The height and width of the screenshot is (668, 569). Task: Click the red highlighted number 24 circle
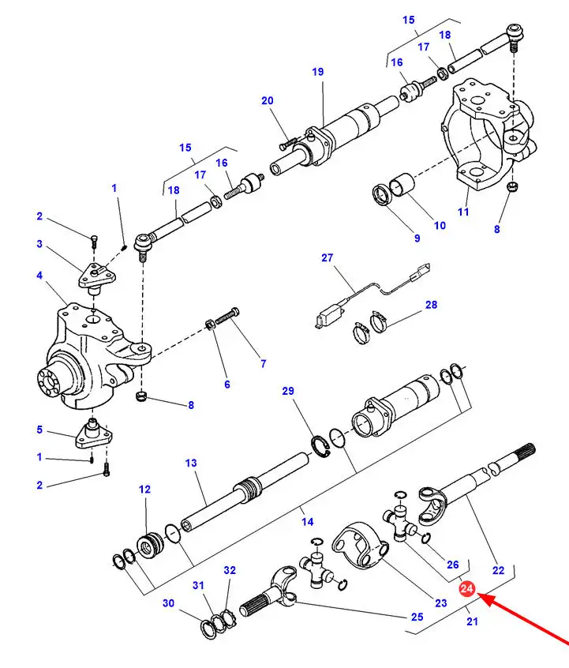pyautogui.click(x=466, y=589)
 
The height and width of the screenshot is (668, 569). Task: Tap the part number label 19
pyautogui.click(x=317, y=72)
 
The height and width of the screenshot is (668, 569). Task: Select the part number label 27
pyautogui.click(x=328, y=257)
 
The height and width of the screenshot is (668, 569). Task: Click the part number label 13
pyautogui.click(x=190, y=463)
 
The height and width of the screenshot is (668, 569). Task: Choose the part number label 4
pyautogui.click(x=39, y=276)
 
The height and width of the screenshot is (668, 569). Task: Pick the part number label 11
pyautogui.click(x=463, y=212)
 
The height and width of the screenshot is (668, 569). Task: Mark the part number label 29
pyautogui.click(x=287, y=392)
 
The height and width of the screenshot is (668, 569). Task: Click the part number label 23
pyautogui.click(x=440, y=602)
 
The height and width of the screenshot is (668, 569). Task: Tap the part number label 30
pyautogui.click(x=169, y=603)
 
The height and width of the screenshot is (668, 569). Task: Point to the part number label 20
pyautogui.click(x=268, y=100)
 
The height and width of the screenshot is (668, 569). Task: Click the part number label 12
pyautogui.click(x=144, y=490)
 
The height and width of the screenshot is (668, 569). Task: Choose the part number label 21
pyautogui.click(x=472, y=622)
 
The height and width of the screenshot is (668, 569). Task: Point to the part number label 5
pyautogui.click(x=39, y=430)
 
